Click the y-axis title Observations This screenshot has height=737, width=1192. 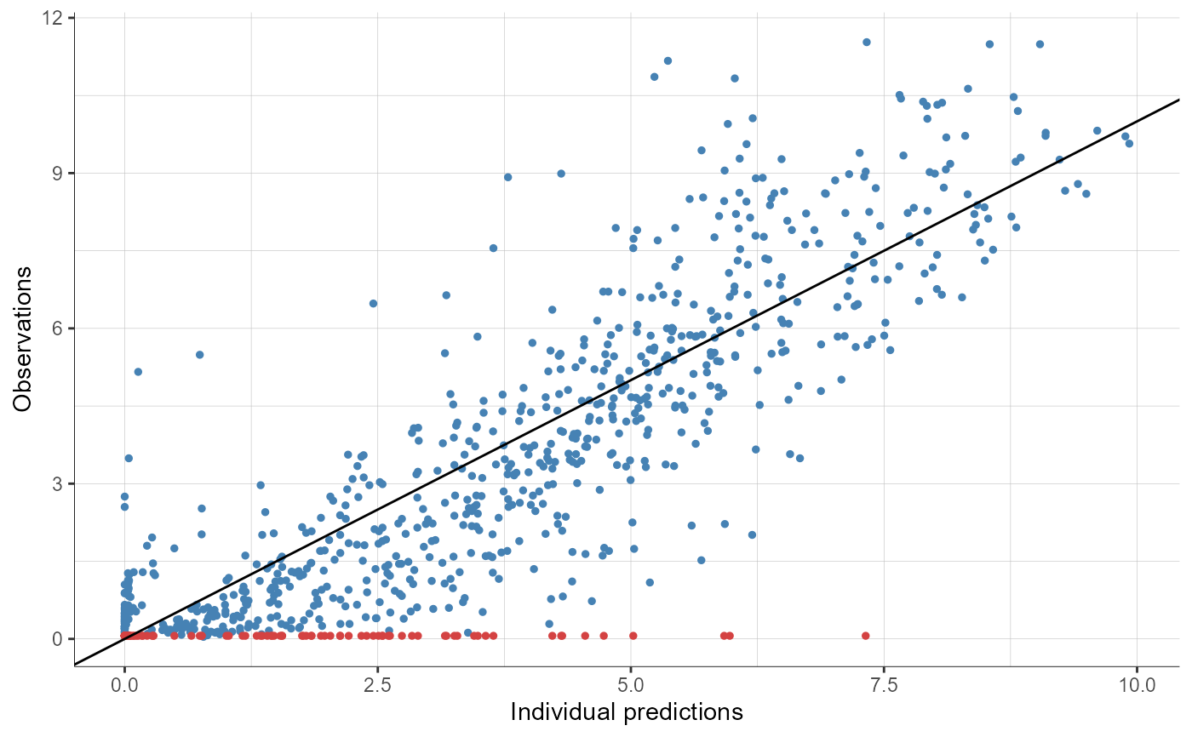pyautogui.click(x=23, y=338)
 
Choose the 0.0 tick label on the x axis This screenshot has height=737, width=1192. pyautogui.click(x=125, y=683)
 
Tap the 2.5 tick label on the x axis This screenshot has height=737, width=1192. pyautogui.click(x=378, y=683)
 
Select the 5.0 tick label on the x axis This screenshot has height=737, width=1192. pyautogui.click(x=631, y=683)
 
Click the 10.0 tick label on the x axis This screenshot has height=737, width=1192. pyautogui.click(x=1137, y=683)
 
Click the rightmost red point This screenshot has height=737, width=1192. pyautogui.click(x=866, y=636)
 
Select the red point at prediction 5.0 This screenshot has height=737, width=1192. pyautogui.click(x=633, y=636)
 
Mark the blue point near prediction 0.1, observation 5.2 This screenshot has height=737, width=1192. pyautogui.click(x=137, y=371)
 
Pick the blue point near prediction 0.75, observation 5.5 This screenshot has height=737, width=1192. pyautogui.click(x=200, y=355)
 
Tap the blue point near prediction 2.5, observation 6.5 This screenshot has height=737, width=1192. pyautogui.click(x=373, y=303)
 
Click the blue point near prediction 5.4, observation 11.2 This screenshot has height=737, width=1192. pyautogui.click(x=668, y=60)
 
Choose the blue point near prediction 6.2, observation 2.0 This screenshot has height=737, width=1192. pyautogui.click(x=752, y=534)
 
